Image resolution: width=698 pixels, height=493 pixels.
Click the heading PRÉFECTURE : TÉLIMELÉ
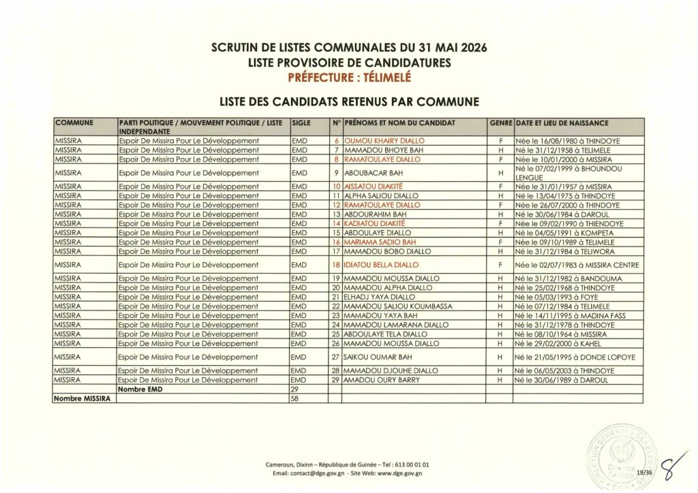[x=349, y=76]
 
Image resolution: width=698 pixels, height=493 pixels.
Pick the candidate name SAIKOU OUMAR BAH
[x=379, y=357]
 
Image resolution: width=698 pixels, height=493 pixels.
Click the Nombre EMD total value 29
[x=295, y=389]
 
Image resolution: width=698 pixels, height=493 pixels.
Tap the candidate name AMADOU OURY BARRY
[x=382, y=380]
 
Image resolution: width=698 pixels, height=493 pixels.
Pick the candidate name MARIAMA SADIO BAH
[x=380, y=242]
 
